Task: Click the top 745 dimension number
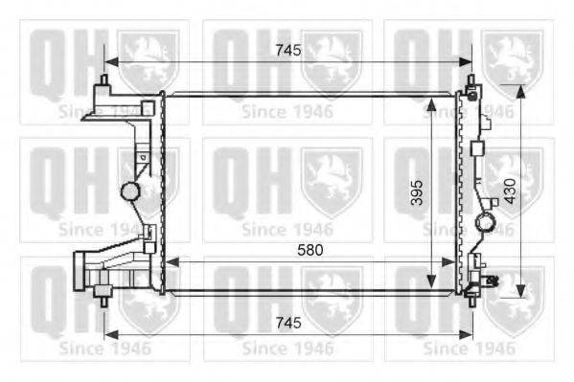tap(288, 51)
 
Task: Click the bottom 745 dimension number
tap(288, 323)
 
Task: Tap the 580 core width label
tap(310, 250)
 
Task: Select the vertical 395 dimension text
tap(417, 192)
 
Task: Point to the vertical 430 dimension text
tap(510, 191)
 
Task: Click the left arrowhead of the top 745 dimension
tap(111, 62)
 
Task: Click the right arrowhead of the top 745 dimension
tap(466, 62)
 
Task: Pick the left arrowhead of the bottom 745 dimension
tap(111, 334)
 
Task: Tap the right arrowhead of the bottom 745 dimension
tap(466, 334)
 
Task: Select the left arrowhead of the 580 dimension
tap(172, 262)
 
